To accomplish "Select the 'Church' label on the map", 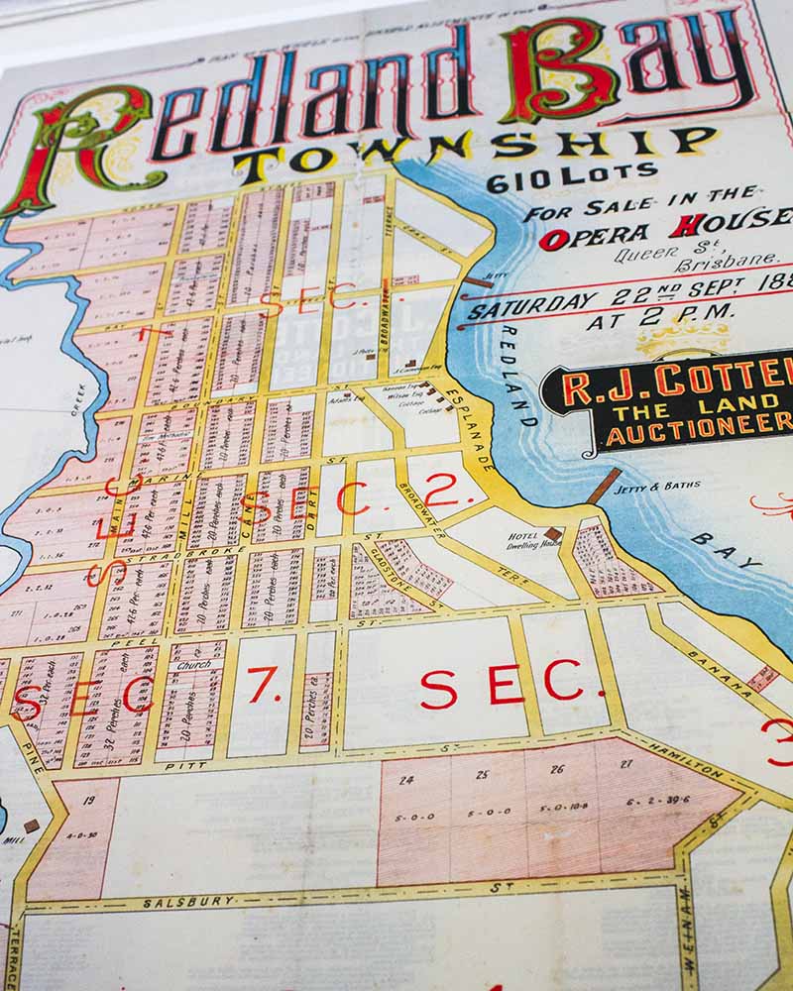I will (193, 665).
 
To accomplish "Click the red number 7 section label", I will (263, 685).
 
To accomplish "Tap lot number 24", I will (405, 779).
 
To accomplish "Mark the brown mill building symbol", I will (31, 826).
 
